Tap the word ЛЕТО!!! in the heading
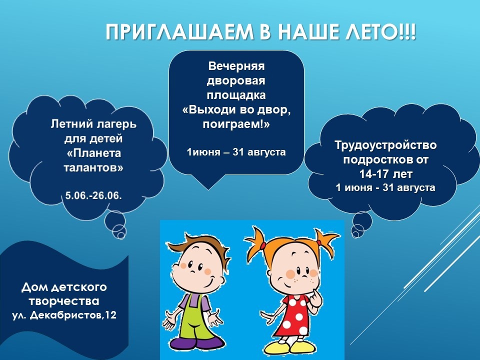(x=380, y=32)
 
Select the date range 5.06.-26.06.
(x=93, y=195)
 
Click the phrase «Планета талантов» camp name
(x=93, y=160)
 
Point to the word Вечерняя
(x=236, y=66)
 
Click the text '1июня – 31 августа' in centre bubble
(x=236, y=152)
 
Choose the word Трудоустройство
(x=385, y=145)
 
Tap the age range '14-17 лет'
(x=385, y=174)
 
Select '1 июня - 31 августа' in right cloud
(x=385, y=187)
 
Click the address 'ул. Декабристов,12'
(x=64, y=315)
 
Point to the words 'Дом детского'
(x=64, y=287)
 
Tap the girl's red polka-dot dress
(x=294, y=315)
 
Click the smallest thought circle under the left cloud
(x=121, y=235)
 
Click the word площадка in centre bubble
(x=236, y=95)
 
